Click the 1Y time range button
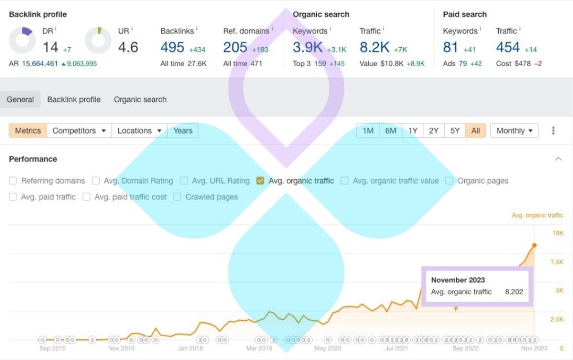point(413,130)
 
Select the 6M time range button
point(390,130)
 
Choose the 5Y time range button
point(455,130)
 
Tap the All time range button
point(475,130)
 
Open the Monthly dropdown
point(514,130)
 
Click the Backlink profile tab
point(74,99)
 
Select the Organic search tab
point(140,99)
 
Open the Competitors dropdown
point(79,130)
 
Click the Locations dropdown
point(140,130)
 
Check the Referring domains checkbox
point(13,181)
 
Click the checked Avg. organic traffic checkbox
point(260,181)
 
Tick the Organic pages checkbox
point(449,181)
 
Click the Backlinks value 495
point(172,47)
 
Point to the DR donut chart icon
point(22,41)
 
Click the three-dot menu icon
point(553,130)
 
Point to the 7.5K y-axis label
point(557,262)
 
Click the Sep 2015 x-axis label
point(53,348)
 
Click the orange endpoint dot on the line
point(534,245)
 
